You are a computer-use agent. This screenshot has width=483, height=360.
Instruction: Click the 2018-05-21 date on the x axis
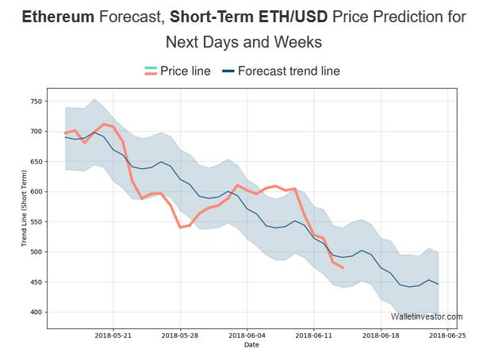click(x=113, y=336)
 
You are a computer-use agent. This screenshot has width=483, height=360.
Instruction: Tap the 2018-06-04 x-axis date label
click(x=247, y=336)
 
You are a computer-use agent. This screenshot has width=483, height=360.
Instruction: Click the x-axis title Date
click(x=251, y=345)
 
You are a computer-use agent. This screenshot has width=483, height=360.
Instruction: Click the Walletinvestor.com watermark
click(x=427, y=316)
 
